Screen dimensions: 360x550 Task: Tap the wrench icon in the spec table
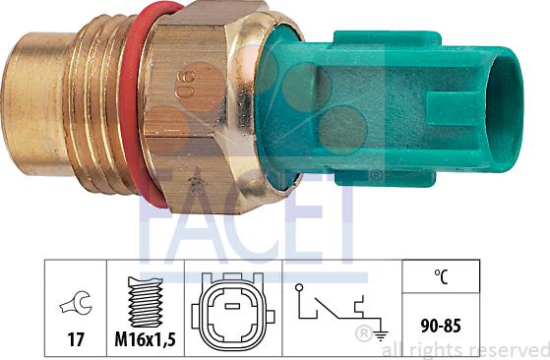(x=73, y=306)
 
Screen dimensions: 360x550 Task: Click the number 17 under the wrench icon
(x=73, y=341)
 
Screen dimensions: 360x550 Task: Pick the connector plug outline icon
(x=233, y=308)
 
